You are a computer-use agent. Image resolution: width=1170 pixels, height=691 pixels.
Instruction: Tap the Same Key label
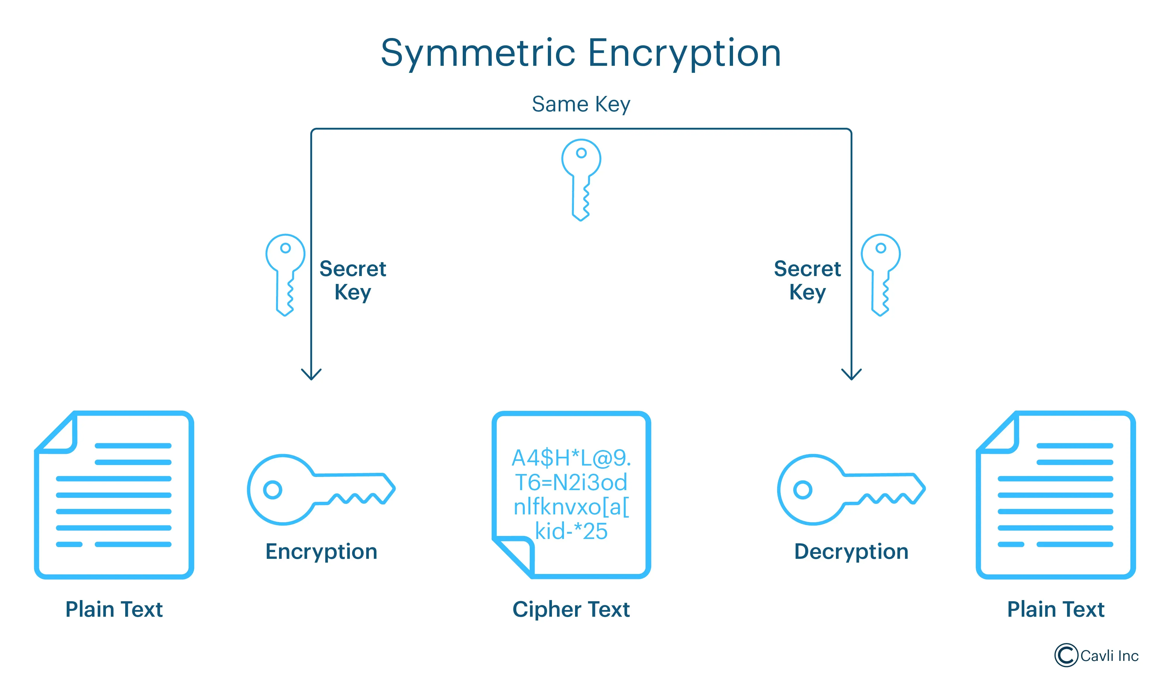point(581,104)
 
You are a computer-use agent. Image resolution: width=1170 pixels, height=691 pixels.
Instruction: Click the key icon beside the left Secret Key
point(285,275)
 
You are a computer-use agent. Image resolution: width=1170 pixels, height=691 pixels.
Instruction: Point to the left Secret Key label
point(352,280)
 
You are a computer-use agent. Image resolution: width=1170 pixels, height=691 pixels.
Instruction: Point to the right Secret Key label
point(807,280)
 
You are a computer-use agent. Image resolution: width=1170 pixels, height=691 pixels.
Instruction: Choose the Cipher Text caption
point(571,609)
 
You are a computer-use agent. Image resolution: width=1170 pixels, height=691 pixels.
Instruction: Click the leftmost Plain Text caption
point(114,609)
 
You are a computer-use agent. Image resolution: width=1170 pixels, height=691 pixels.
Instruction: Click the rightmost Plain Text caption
point(1055,609)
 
